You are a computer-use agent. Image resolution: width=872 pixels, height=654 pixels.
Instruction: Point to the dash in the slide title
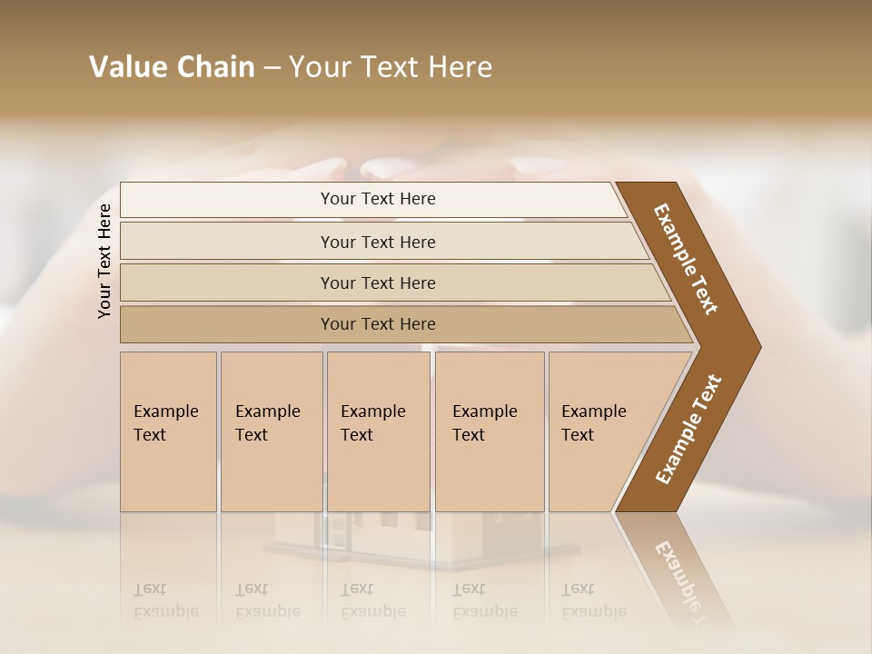click(x=272, y=68)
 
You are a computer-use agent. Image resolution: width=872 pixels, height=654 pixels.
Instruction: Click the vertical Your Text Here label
click(x=104, y=262)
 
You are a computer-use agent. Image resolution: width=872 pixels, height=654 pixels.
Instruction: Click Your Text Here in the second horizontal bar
click(x=378, y=242)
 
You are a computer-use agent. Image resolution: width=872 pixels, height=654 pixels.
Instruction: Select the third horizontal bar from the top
click(x=378, y=282)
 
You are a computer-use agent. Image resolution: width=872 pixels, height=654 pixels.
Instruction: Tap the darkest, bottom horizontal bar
click(x=378, y=324)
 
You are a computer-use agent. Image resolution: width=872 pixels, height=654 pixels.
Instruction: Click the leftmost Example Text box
click(x=168, y=431)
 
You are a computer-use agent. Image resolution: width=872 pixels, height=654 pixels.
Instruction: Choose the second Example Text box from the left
click(x=271, y=431)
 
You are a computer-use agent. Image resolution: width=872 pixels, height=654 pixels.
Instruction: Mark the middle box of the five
click(x=378, y=431)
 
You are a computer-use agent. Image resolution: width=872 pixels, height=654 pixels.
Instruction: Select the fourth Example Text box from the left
click(x=490, y=431)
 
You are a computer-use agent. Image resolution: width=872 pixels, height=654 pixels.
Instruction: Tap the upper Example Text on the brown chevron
click(x=686, y=259)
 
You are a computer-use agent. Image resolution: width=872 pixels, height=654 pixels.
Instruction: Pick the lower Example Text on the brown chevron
click(x=689, y=429)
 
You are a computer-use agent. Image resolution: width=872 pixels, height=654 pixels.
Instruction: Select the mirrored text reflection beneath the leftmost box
click(x=166, y=600)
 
